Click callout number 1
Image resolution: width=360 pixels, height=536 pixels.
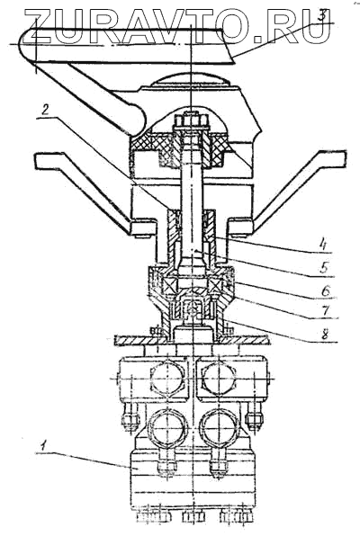43,444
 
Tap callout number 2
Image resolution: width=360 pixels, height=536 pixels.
46,110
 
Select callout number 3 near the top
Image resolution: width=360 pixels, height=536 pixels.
322,16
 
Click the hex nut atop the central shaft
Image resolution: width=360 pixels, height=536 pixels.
192,120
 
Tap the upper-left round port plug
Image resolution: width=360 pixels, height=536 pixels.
167,379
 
